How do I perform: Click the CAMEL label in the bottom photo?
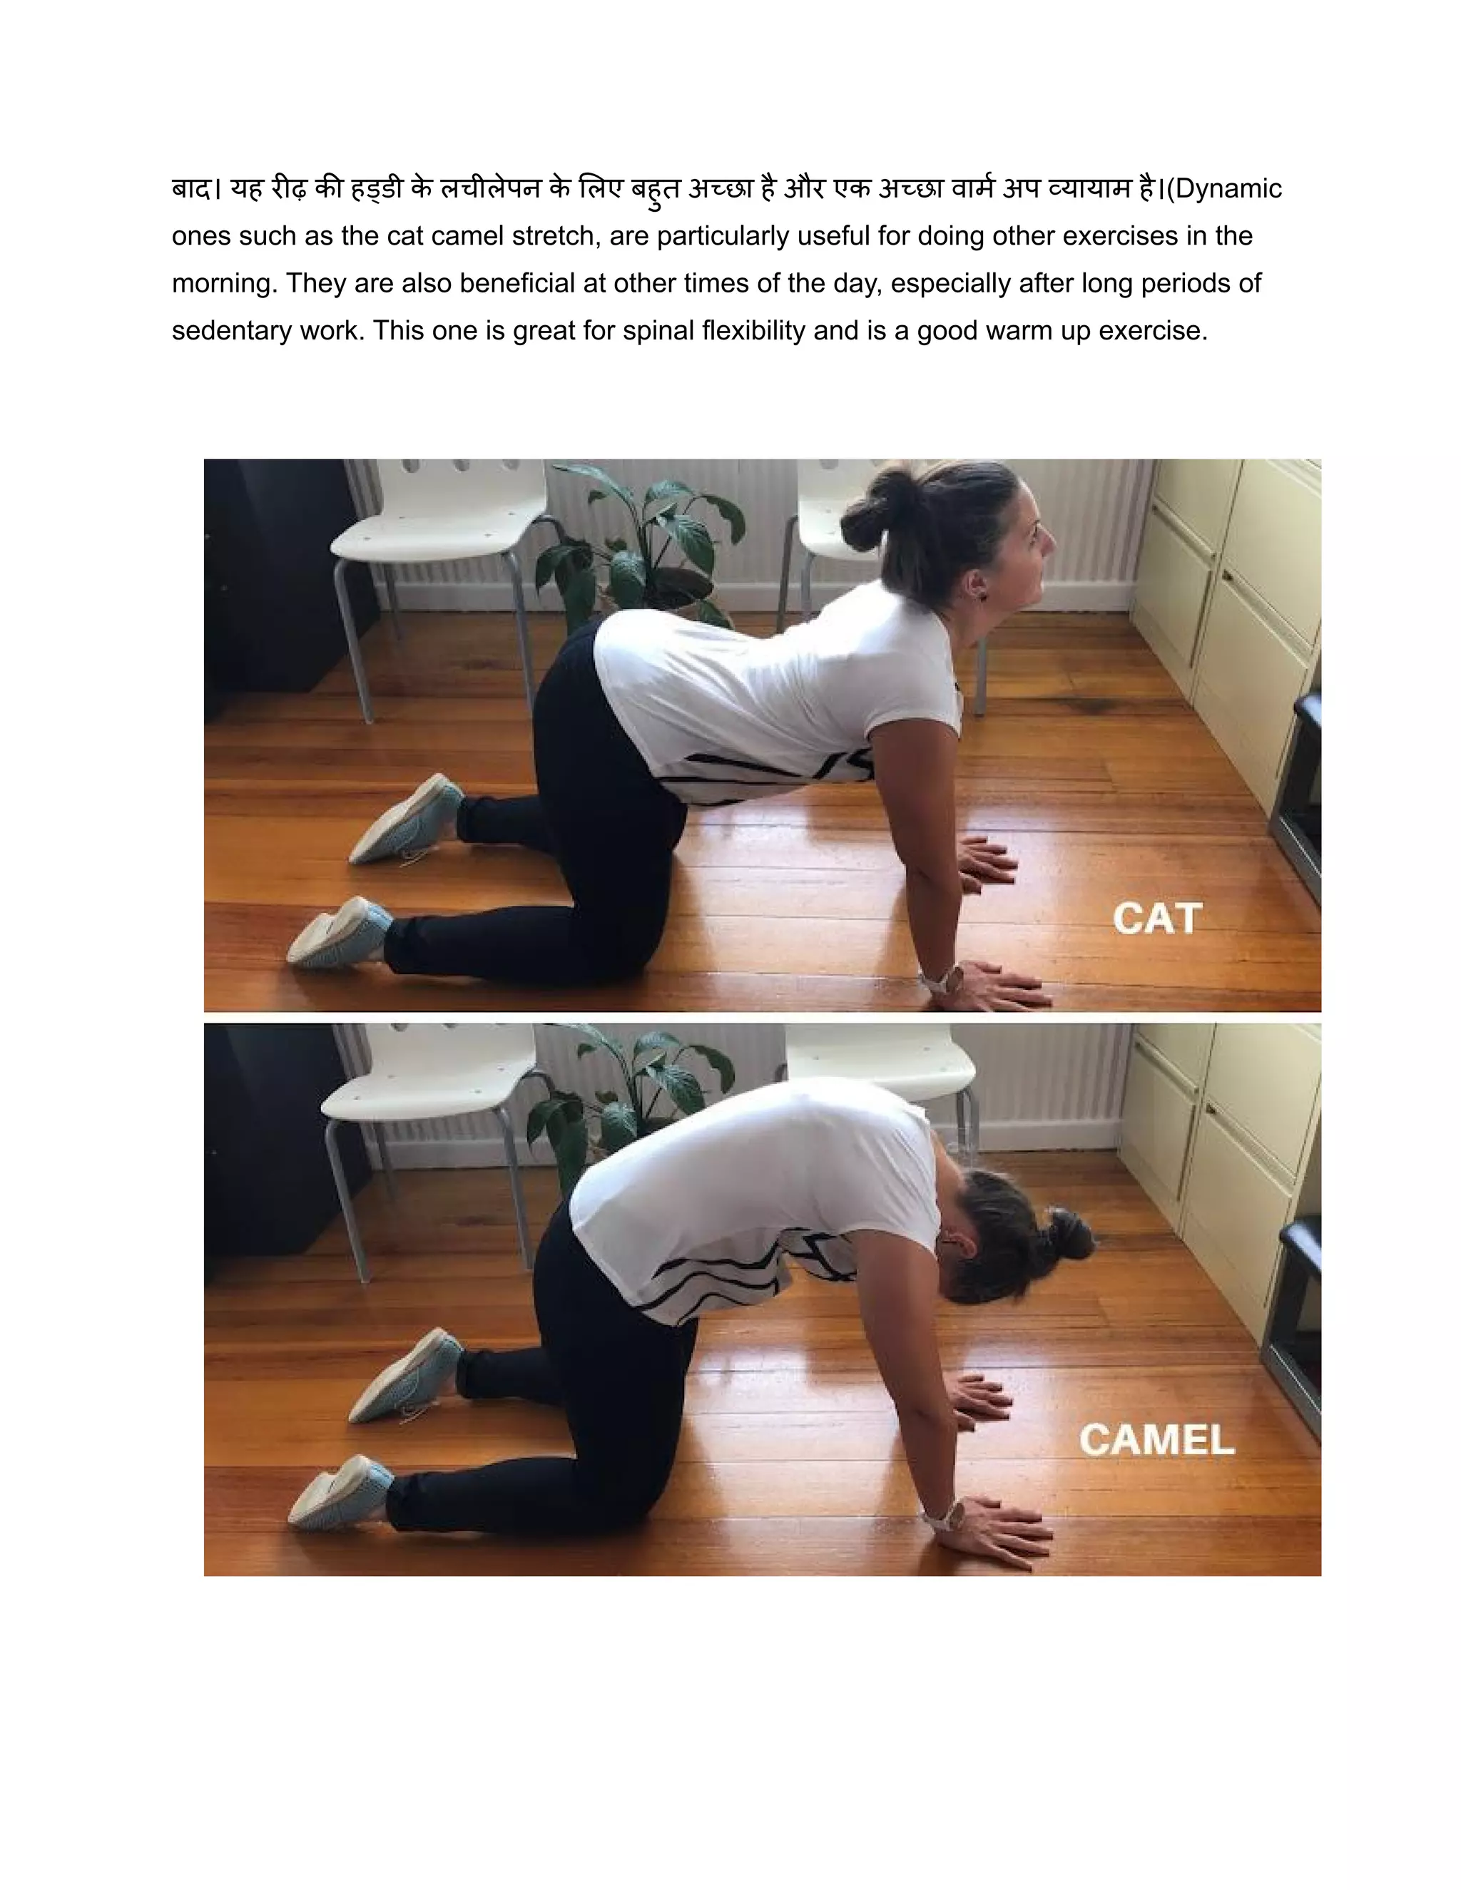1156,1440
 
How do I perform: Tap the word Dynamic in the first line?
1228,189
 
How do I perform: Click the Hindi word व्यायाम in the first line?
1090,189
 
